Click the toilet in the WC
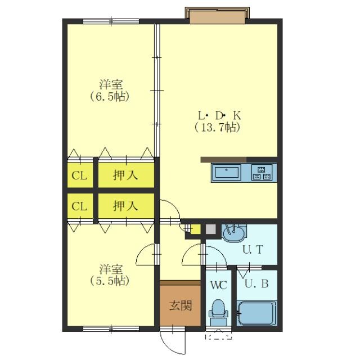point(218,313)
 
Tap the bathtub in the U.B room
point(256,313)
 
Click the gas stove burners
point(262,172)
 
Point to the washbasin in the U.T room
point(234,233)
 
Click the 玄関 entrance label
point(181,306)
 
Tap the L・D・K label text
point(219,116)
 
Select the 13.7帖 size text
point(217,128)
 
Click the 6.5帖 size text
point(110,97)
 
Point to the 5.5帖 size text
point(110,280)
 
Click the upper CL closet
point(80,175)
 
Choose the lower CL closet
point(80,206)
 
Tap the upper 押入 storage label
point(125,175)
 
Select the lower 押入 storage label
point(125,206)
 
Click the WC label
point(219,285)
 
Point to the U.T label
point(253,250)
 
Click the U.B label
point(256,284)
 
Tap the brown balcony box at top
point(217,15)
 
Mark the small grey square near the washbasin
point(210,229)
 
